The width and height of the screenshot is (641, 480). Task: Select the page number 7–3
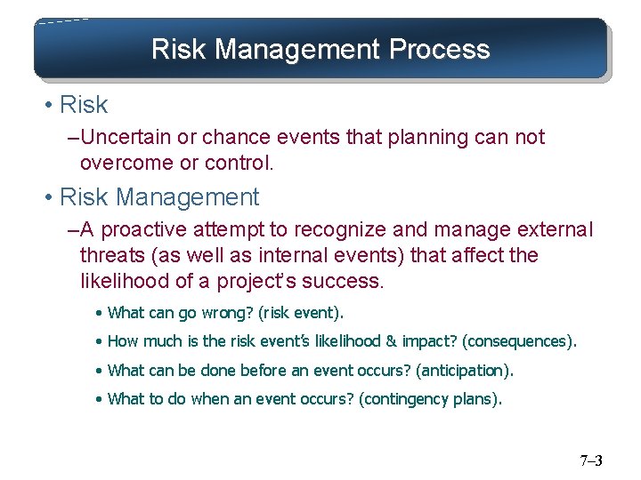(590, 460)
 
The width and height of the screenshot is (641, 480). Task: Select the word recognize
(331, 229)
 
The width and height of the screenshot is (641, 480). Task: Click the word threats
(110, 256)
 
